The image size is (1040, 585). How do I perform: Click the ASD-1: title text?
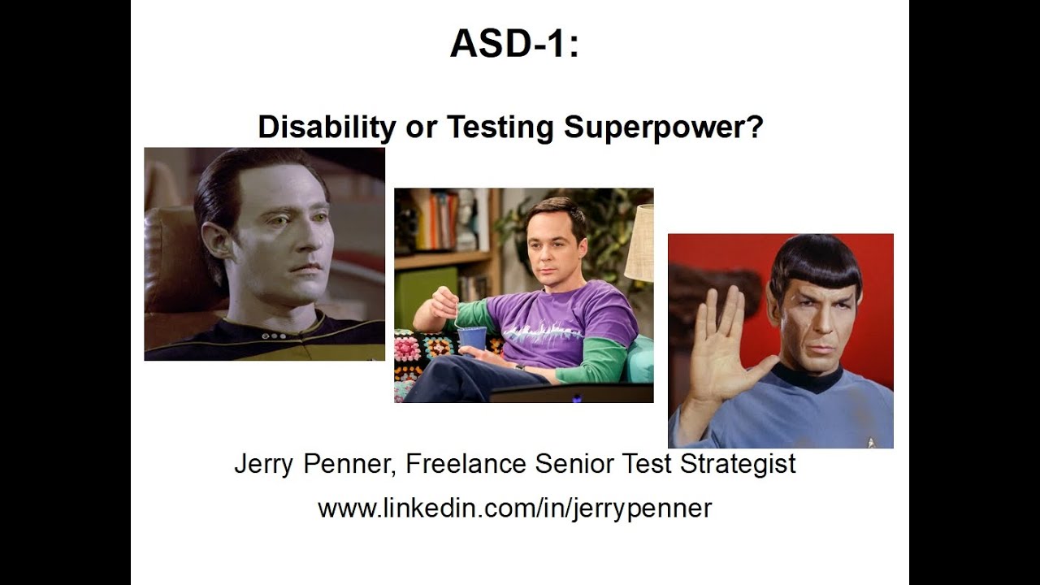click(514, 44)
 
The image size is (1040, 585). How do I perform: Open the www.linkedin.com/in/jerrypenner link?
click(514, 509)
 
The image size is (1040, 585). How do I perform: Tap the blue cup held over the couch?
click(472, 337)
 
